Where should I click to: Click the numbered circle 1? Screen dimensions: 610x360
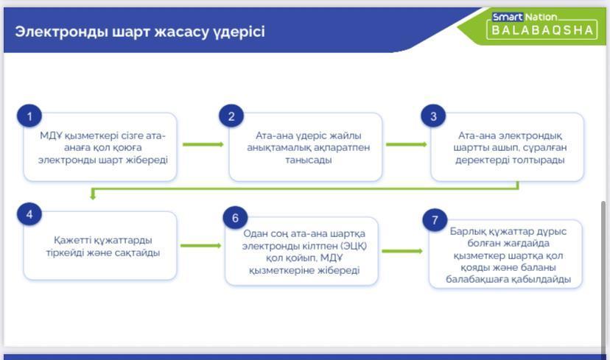(29, 116)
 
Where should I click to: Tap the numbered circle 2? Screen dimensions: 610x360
(231, 116)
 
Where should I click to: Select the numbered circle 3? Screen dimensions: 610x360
(433, 116)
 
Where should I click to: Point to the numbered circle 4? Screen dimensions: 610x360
(29, 214)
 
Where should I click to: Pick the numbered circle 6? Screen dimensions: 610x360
(235, 218)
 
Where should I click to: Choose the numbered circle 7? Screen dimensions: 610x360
(435, 220)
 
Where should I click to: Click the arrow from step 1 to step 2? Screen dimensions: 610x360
(203, 144)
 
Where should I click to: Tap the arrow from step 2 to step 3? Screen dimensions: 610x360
(406, 144)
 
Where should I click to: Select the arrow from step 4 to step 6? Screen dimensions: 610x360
(200, 246)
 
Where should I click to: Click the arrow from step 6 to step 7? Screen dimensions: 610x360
(402, 251)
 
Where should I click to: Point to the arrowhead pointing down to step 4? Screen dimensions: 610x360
(93, 196)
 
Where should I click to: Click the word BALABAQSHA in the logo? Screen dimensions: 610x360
(542, 30)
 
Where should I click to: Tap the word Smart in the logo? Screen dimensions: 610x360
(508, 17)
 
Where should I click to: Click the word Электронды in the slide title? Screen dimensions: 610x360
(61, 32)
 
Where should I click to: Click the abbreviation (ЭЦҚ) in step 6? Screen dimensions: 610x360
(354, 246)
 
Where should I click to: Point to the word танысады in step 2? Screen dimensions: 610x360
(309, 160)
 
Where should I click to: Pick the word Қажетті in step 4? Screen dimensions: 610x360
(71, 240)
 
